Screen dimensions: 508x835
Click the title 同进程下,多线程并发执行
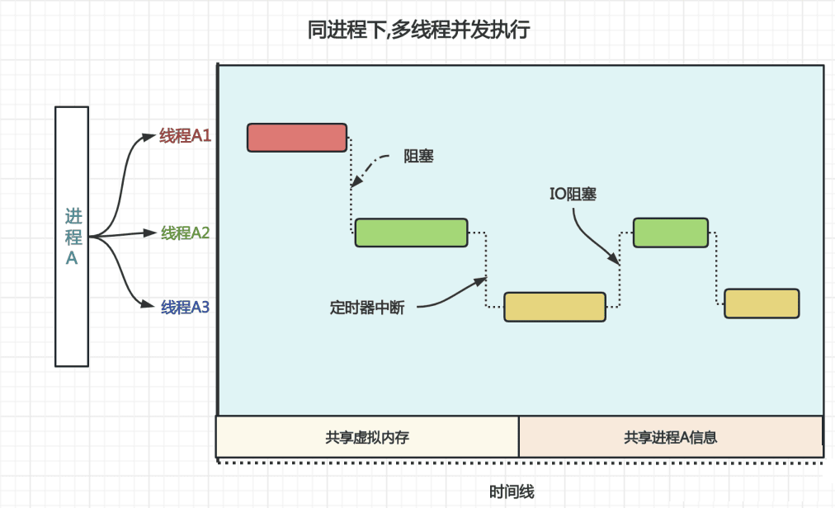pos(418,31)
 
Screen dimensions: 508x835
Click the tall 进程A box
pos(72,236)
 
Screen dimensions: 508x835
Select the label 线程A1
pos(186,136)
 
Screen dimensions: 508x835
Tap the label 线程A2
pos(186,233)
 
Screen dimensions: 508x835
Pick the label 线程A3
pos(186,308)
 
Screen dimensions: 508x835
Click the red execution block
pos(297,138)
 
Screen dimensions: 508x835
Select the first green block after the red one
pos(411,233)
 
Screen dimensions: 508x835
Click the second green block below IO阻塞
pos(670,233)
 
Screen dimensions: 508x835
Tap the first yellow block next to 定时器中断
pos(554,307)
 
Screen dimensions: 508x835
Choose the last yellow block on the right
pos(762,303)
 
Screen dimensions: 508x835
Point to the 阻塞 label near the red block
pos(418,156)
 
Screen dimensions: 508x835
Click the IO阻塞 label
pos(573,195)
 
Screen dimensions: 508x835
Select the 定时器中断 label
pos(367,308)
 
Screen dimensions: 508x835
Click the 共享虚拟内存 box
pos(367,437)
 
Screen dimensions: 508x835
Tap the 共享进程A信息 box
pos(670,437)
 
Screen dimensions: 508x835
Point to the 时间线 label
pos(512,492)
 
